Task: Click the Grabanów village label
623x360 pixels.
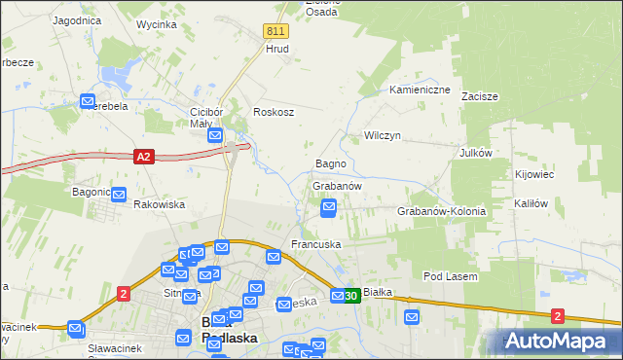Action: tap(337, 186)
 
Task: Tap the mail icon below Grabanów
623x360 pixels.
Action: tap(330, 206)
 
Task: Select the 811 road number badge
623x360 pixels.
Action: tap(275, 31)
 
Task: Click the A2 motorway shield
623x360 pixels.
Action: tap(144, 156)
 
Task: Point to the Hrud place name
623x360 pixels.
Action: tap(277, 48)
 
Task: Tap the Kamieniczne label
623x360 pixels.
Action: tap(420, 90)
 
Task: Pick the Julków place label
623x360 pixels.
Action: tap(477, 153)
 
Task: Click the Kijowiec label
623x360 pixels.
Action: tap(533, 175)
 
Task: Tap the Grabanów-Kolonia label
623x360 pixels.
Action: tap(441, 211)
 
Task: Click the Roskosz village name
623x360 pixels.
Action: tap(274, 112)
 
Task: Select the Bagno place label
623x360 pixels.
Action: tap(331, 163)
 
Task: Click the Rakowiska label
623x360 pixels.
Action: tap(159, 205)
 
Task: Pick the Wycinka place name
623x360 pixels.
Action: tap(157, 23)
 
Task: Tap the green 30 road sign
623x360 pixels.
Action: tap(351, 296)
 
